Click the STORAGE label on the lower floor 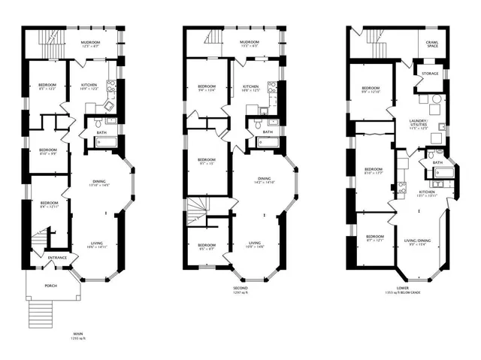coord(430,74)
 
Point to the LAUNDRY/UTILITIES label coord(419,123)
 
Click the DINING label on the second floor coord(265,179)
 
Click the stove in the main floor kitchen coord(110,88)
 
